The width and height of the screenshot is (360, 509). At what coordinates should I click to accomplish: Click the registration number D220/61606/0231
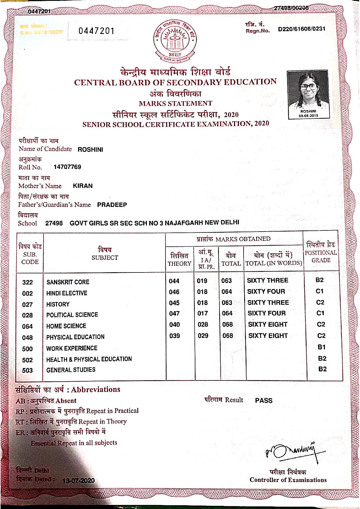[x=301, y=29]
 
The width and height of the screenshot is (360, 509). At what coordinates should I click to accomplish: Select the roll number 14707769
[x=67, y=167]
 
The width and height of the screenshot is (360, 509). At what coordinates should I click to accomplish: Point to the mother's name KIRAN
[x=83, y=186]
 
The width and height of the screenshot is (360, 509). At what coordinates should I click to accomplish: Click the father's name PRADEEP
[x=112, y=205]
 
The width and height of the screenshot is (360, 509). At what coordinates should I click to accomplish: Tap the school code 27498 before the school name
[x=54, y=223]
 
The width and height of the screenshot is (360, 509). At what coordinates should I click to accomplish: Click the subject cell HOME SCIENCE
[x=66, y=326]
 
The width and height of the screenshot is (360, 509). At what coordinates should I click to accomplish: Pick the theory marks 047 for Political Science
[x=174, y=313]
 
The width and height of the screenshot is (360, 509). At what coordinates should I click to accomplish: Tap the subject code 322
[x=28, y=282]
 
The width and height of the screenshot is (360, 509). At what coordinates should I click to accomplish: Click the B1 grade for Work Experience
[x=321, y=347]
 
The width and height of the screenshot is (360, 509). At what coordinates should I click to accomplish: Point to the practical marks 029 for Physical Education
[x=203, y=336]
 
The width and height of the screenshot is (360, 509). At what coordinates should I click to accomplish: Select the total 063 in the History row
[x=227, y=303]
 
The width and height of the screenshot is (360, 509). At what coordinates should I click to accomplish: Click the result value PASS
[x=264, y=400]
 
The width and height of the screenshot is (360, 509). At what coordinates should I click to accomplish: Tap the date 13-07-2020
[x=78, y=480]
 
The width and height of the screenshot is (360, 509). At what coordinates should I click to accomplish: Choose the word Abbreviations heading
[x=96, y=389]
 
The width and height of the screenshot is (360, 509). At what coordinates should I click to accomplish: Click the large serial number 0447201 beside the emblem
[x=96, y=31]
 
